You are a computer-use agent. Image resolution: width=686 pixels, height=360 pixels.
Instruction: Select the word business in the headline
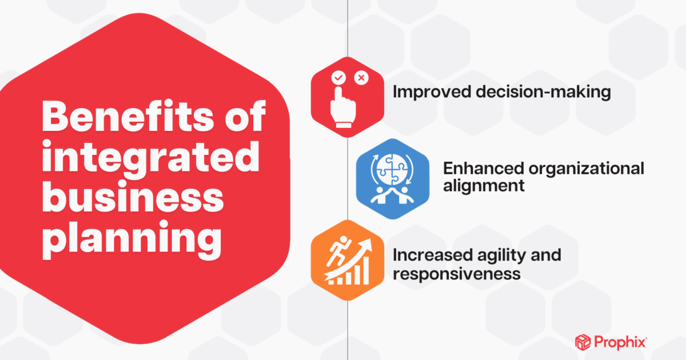pyautogui.click(x=133, y=197)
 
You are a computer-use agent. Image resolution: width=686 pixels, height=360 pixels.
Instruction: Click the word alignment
pyautogui.click(x=484, y=186)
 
